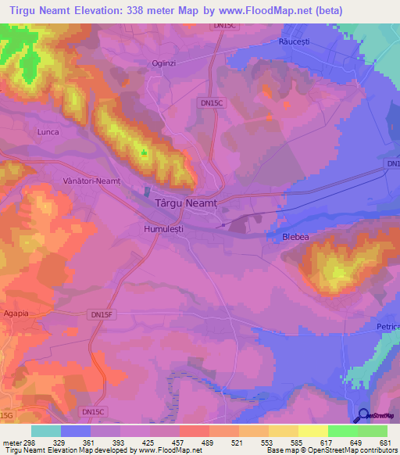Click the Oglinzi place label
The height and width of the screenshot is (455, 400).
pos(166,65)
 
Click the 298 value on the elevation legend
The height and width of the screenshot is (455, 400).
pos(31,442)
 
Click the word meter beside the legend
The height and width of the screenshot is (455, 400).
pos(11,442)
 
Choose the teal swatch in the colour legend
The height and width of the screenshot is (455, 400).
pos(46,431)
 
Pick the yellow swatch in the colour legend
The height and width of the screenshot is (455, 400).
pos(312,431)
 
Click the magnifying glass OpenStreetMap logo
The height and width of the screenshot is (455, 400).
pos(362,416)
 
